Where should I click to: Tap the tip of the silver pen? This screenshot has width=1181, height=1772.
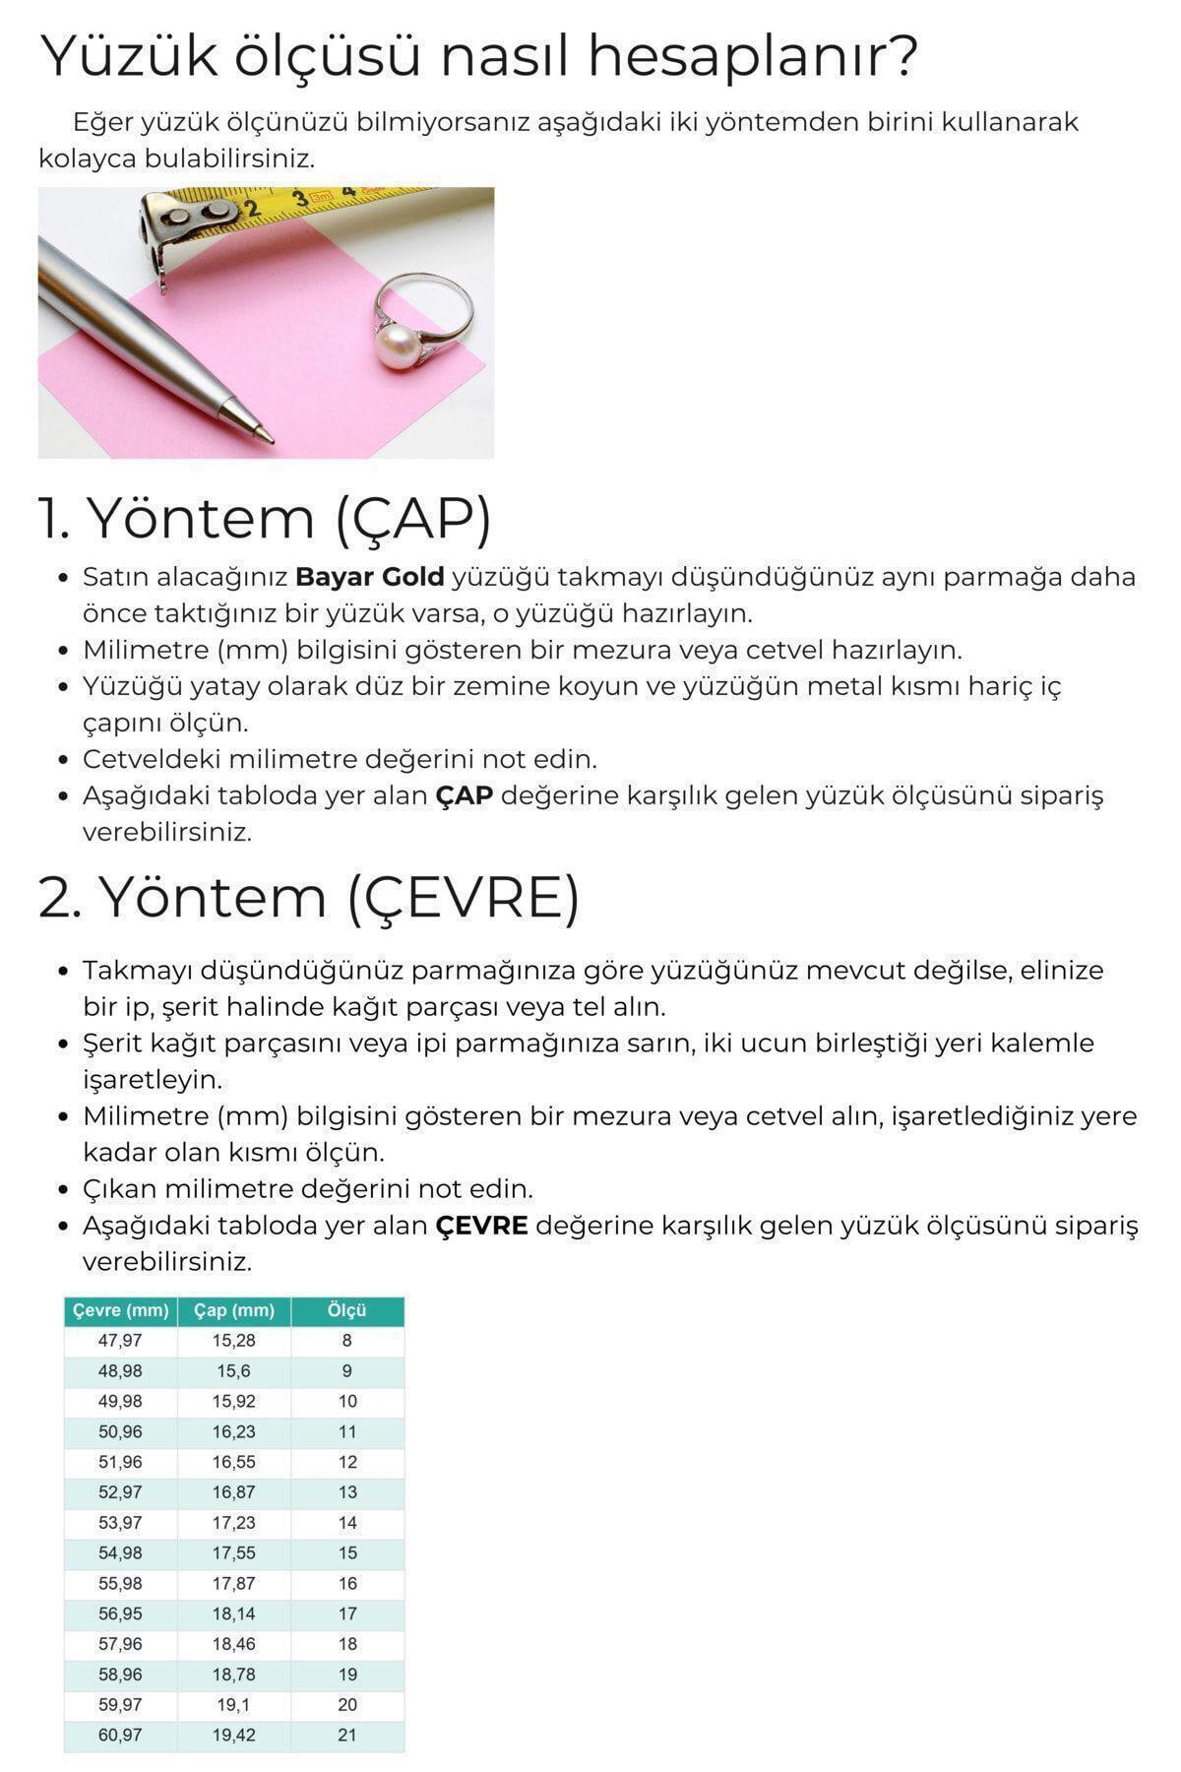pos(264,432)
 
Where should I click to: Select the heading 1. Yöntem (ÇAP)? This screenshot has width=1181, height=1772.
pos(264,518)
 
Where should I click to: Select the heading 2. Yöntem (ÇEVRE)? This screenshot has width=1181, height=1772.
pos(308,898)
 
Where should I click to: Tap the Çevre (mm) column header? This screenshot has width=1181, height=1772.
pos(121,1310)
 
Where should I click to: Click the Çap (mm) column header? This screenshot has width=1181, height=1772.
pos(234,1310)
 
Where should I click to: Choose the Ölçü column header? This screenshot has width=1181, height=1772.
pos(347,1310)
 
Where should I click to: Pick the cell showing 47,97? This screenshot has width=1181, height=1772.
pos(120,1341)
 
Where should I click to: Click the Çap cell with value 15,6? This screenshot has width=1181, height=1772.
pos(234,1371)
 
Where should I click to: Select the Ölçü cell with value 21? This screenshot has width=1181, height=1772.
pos(347,1735)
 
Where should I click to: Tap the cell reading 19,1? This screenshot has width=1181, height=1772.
pos(234,1704)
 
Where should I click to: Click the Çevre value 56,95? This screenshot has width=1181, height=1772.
pos(120,1614)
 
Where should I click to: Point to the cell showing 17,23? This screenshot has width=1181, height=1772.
pos(234,1522)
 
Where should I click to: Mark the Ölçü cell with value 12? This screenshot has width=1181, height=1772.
pos(347,1462)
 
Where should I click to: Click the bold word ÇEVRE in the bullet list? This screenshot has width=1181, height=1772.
pos(481,1226)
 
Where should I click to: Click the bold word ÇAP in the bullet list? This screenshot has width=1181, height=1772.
pos(464,795)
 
